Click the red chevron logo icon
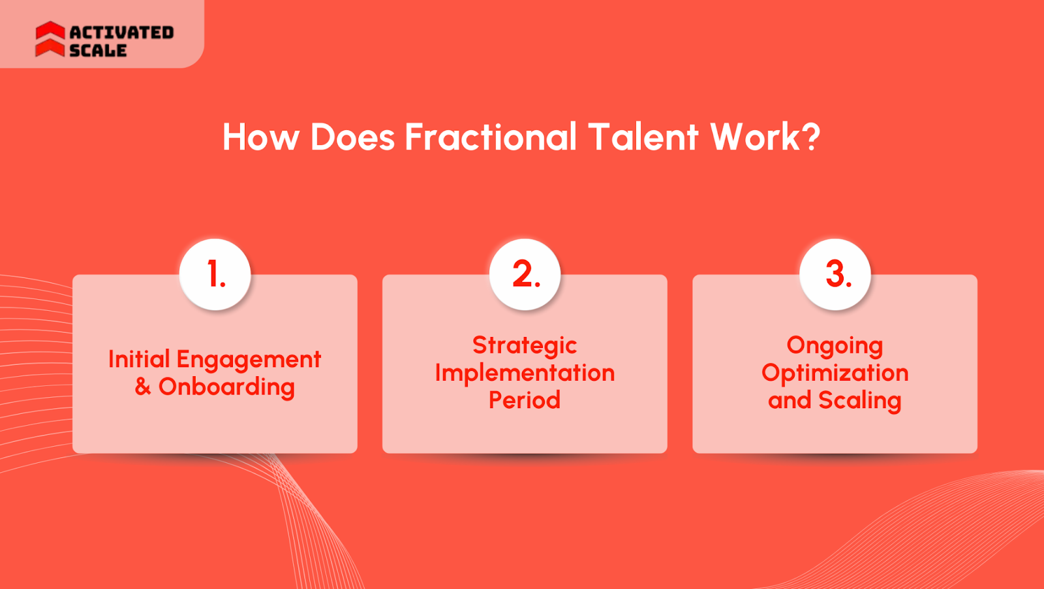50,39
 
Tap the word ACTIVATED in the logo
121,33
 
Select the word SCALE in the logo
98,50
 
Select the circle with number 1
215,274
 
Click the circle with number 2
525,274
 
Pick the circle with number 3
835,274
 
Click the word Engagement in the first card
249,360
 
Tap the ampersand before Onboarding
143,387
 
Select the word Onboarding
226,388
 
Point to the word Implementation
525,373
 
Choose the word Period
525,400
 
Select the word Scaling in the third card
860,401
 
